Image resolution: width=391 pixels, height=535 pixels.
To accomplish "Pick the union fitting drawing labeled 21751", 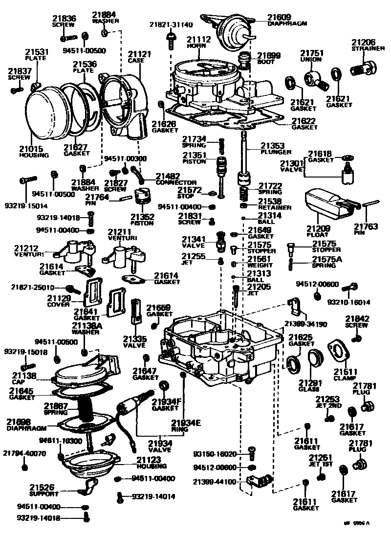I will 315,78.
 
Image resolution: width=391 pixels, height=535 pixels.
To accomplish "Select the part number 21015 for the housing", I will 31,149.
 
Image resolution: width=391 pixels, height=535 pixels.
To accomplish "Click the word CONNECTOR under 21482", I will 176,182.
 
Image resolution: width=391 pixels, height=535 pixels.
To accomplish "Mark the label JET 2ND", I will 326,405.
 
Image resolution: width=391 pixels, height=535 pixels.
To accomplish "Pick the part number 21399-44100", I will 215,482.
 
